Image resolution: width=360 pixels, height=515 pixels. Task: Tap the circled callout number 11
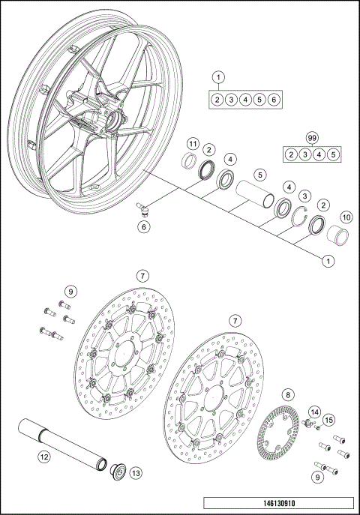pyautogui.click(x=192, y=143)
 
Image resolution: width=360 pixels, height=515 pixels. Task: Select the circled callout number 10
pyautogui.click(x=346, y=217)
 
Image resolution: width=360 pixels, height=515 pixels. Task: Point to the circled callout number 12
pyautogui.click(x=44, y=455)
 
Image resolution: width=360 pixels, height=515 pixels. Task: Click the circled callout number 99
pyautogui.click(x=312, y=137)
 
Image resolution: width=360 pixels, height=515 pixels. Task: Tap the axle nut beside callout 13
pyautogui.click(x=117, y=472)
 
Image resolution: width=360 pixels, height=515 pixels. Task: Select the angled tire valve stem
pyautogui.click(x=143, y=208)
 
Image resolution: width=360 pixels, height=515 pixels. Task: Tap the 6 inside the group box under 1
pyautogui.click(x=274, y=99)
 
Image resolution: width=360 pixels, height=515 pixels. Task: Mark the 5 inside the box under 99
pyautogui.click(x=334, y=154)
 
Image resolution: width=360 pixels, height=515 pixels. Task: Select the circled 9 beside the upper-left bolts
pyautogui.click(x=70, y=291)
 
